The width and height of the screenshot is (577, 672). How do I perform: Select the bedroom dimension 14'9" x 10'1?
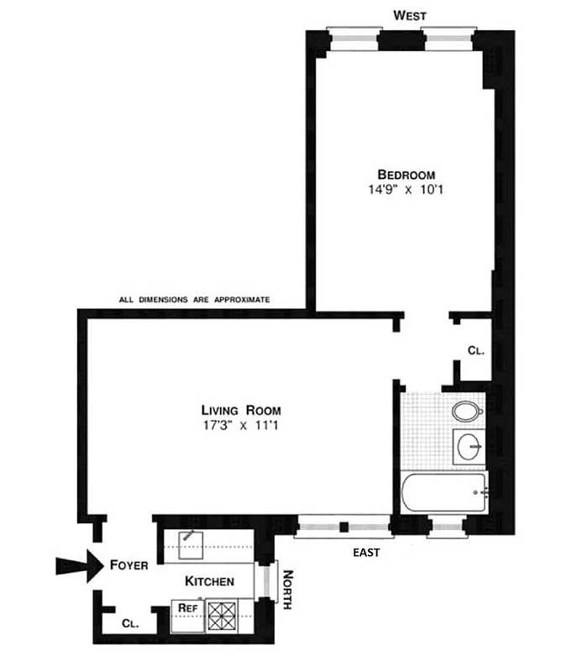click(399, 190)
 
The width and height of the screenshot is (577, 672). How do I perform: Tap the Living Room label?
click(240, 410)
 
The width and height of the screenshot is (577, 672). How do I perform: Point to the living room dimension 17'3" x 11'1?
click(240, 425)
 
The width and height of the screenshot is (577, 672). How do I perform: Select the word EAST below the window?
click(366, 552)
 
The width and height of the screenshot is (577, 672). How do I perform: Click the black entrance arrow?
click(78, 566)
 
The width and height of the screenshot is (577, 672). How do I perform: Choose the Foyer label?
click(129, 565)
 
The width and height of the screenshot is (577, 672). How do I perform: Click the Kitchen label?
click(209, 581)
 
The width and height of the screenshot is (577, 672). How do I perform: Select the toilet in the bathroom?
click(465, 412)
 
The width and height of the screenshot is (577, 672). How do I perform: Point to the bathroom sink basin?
click(469, 445)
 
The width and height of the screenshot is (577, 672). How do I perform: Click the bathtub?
click(445, 495)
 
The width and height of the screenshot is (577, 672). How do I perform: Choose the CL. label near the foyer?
click(130, 624)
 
